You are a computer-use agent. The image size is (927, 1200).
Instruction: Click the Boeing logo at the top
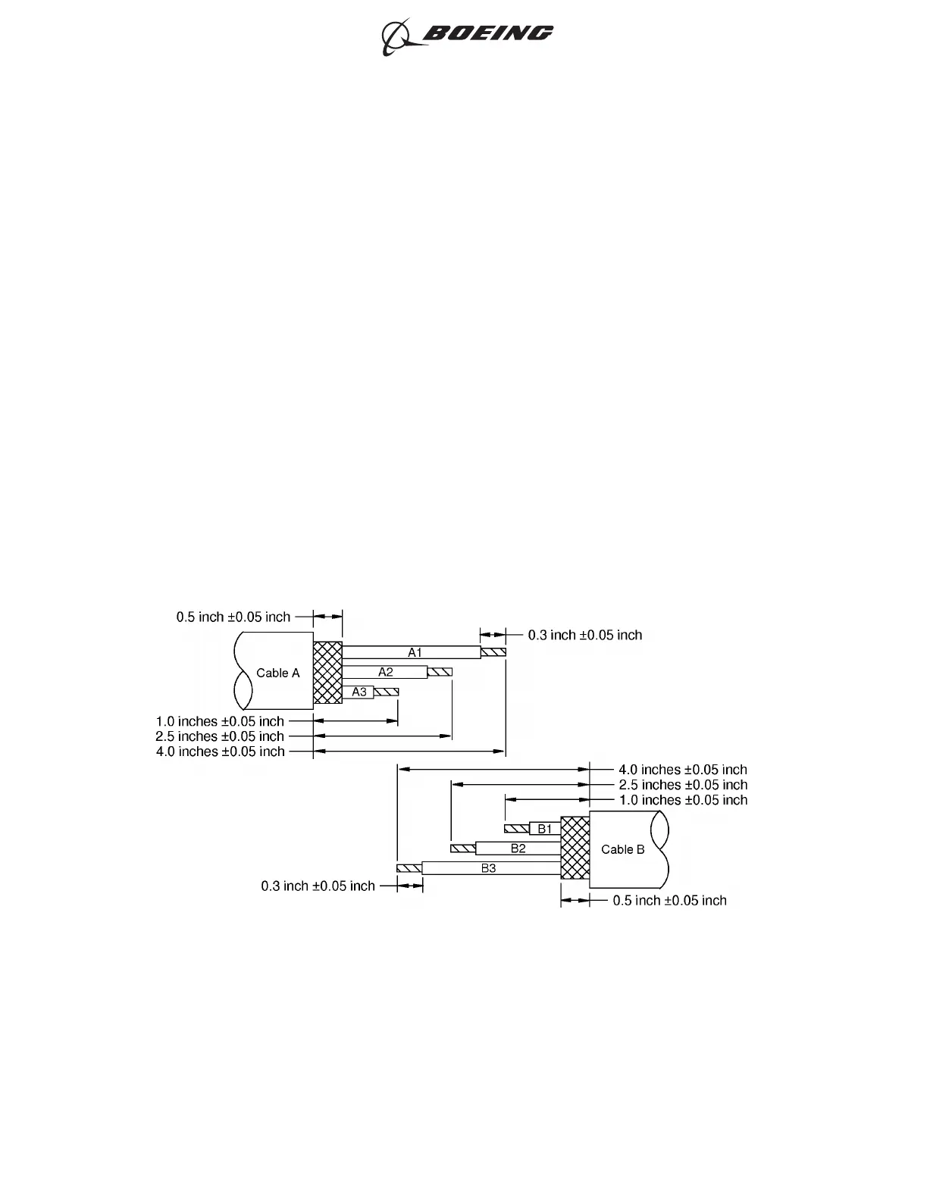point(467,35)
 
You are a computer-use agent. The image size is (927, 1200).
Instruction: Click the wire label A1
point(415,652)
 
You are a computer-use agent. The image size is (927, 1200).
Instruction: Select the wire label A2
point(386,672)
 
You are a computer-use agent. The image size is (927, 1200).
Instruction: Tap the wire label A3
point(359,692)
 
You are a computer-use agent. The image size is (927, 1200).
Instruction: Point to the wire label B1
point(545,829)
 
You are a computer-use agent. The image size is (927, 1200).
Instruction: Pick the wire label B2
point(518,848)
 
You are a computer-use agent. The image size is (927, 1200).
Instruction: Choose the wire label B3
point(489,868)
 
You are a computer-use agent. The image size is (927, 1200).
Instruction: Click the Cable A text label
point(278,673)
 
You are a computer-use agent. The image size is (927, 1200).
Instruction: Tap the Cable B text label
point(623,849)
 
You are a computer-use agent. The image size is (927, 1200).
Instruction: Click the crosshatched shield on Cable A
point(327,673)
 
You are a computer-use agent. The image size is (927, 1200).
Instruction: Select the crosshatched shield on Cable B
point(575,848)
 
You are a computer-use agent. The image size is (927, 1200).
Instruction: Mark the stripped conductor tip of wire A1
point(493,652)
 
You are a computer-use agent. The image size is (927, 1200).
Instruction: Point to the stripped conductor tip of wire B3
point(409,868)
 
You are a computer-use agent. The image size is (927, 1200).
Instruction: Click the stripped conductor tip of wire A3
point(387,692)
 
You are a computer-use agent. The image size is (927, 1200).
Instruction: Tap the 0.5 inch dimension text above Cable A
point(233,617)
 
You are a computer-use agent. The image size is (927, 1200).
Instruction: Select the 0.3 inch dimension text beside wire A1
point(585,635)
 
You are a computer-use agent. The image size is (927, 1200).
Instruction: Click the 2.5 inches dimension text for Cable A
point(220,736)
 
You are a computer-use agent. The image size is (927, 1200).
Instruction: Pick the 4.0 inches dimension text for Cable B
point(683,770)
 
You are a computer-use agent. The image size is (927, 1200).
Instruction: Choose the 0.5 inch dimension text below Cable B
point(670,900)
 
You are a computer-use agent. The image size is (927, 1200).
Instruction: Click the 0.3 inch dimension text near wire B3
point(318,886)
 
